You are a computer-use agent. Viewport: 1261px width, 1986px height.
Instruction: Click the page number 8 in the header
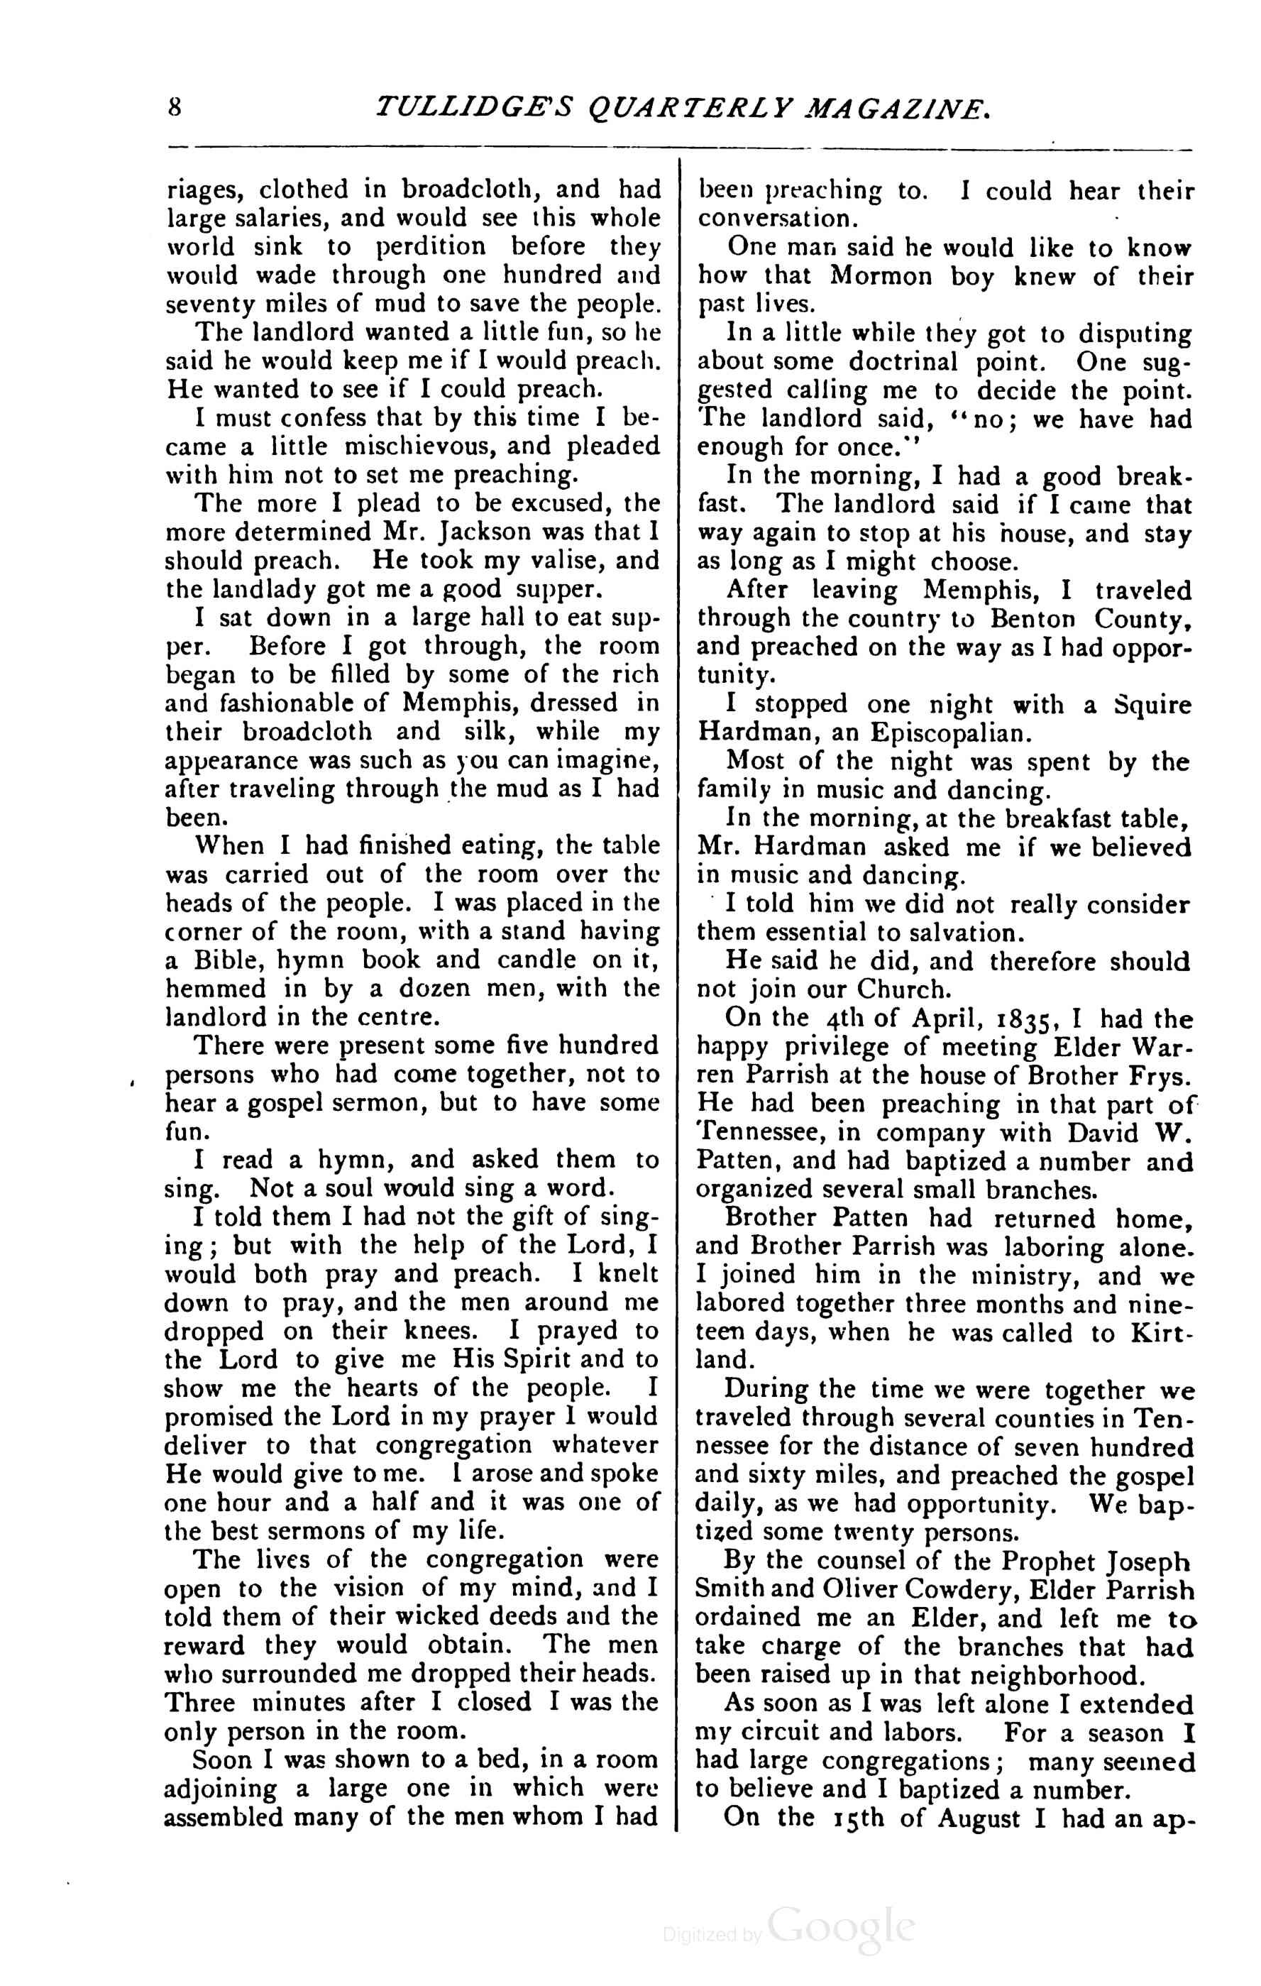[x=174, y=109]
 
